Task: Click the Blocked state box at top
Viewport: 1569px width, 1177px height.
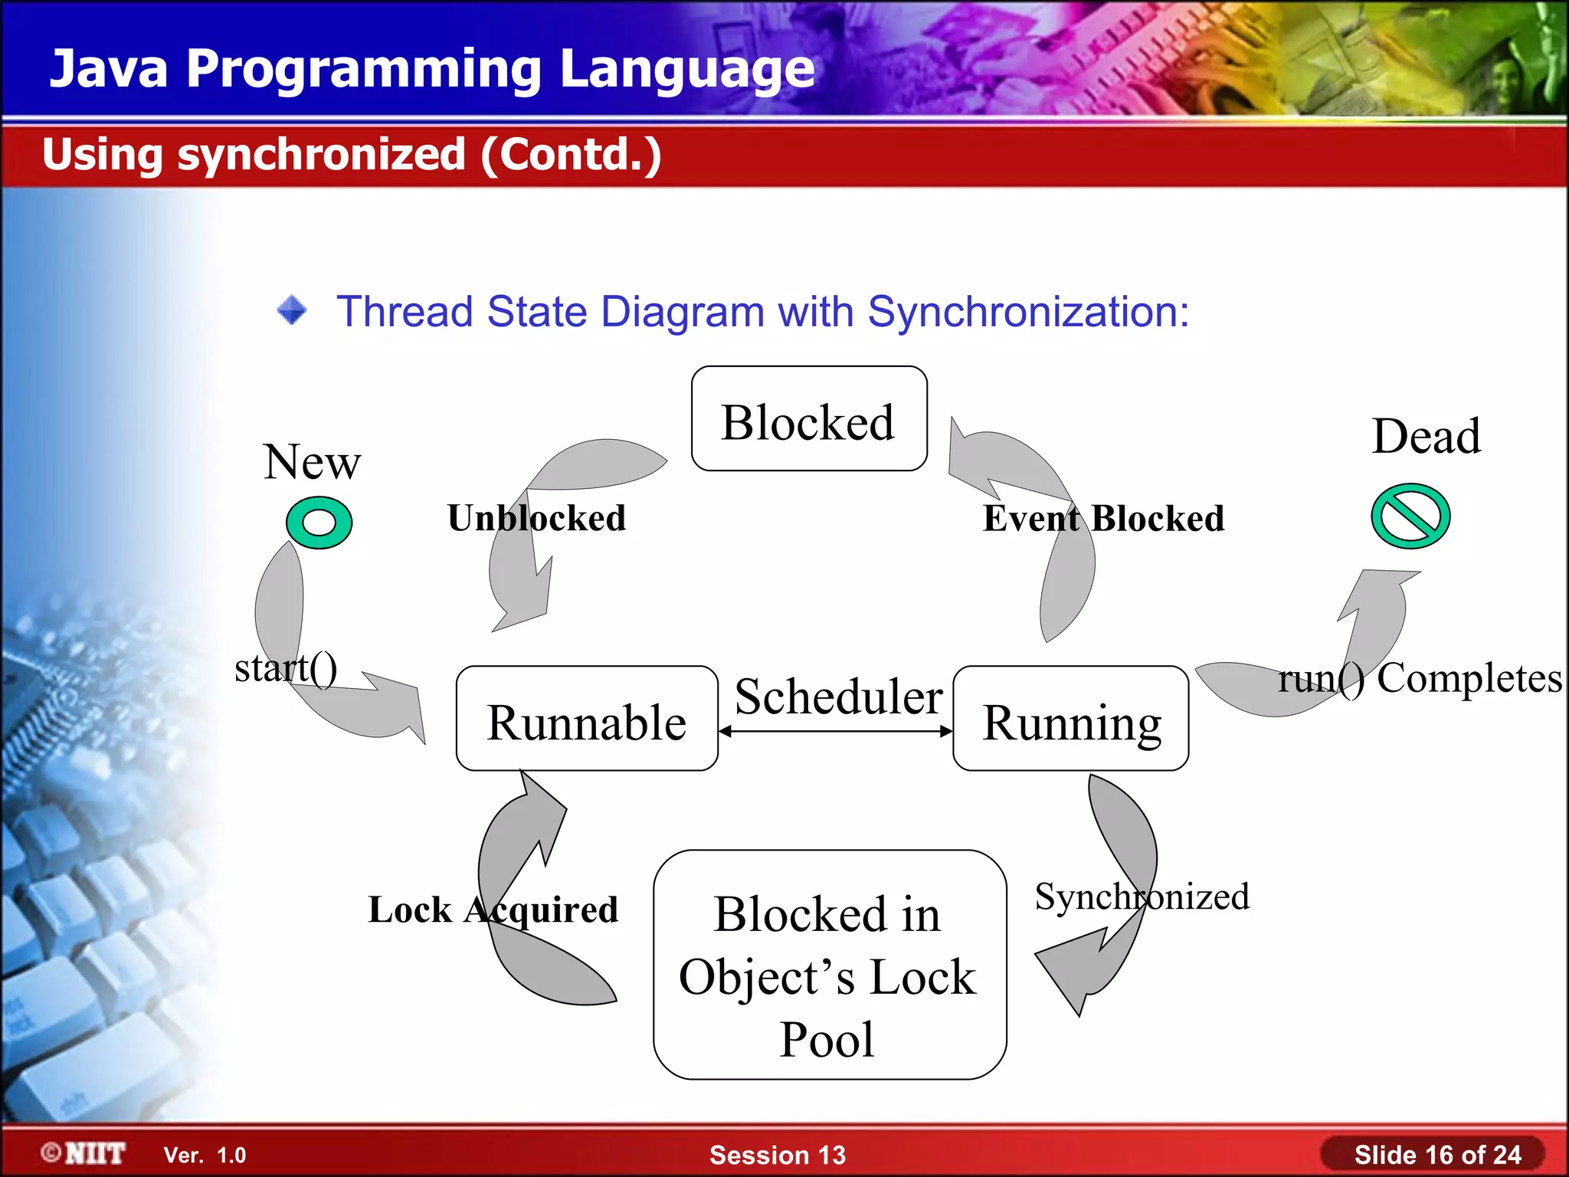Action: [809, 419]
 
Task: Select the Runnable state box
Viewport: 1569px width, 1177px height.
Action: [587, 719]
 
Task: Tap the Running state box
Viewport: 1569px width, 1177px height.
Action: [1070, 719]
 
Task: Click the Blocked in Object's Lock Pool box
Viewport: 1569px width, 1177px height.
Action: [829, 965]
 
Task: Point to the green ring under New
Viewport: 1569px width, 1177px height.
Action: [319, 523]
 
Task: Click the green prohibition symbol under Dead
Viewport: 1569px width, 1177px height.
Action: [1410, 516]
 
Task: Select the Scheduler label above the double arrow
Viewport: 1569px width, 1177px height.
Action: [838, 697]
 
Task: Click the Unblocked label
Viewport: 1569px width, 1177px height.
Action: [536, 518]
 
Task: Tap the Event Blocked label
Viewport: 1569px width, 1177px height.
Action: [1103, 519]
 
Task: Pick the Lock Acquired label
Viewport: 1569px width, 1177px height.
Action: [493, 910]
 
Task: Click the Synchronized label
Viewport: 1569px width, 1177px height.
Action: [1142, 897]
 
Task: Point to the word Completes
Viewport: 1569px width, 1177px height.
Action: [1469, 678]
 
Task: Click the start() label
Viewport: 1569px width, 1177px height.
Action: [286, 668]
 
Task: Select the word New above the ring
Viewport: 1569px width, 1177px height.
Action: [312, 462]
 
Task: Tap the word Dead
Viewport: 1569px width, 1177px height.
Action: [1426, 437]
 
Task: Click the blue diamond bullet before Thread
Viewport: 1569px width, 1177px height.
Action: [292, 310]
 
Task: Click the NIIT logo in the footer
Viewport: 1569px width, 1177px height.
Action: [84, 1153]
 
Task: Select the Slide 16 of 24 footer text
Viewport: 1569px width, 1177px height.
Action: [1437, 1155]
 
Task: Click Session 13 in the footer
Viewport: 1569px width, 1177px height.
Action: [777, 1155]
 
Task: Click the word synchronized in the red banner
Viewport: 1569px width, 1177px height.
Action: [321, 155]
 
